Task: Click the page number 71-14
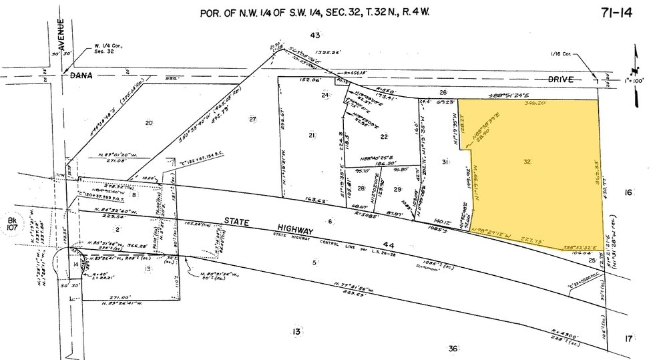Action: point(615,13)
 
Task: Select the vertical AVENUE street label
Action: point(61,33)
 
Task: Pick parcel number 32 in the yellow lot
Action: point(527,162)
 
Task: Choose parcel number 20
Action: point(149,122)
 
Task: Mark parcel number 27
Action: point(252,120)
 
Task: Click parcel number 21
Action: point(312,136)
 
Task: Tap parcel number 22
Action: point(384,136)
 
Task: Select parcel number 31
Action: point(445,162)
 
